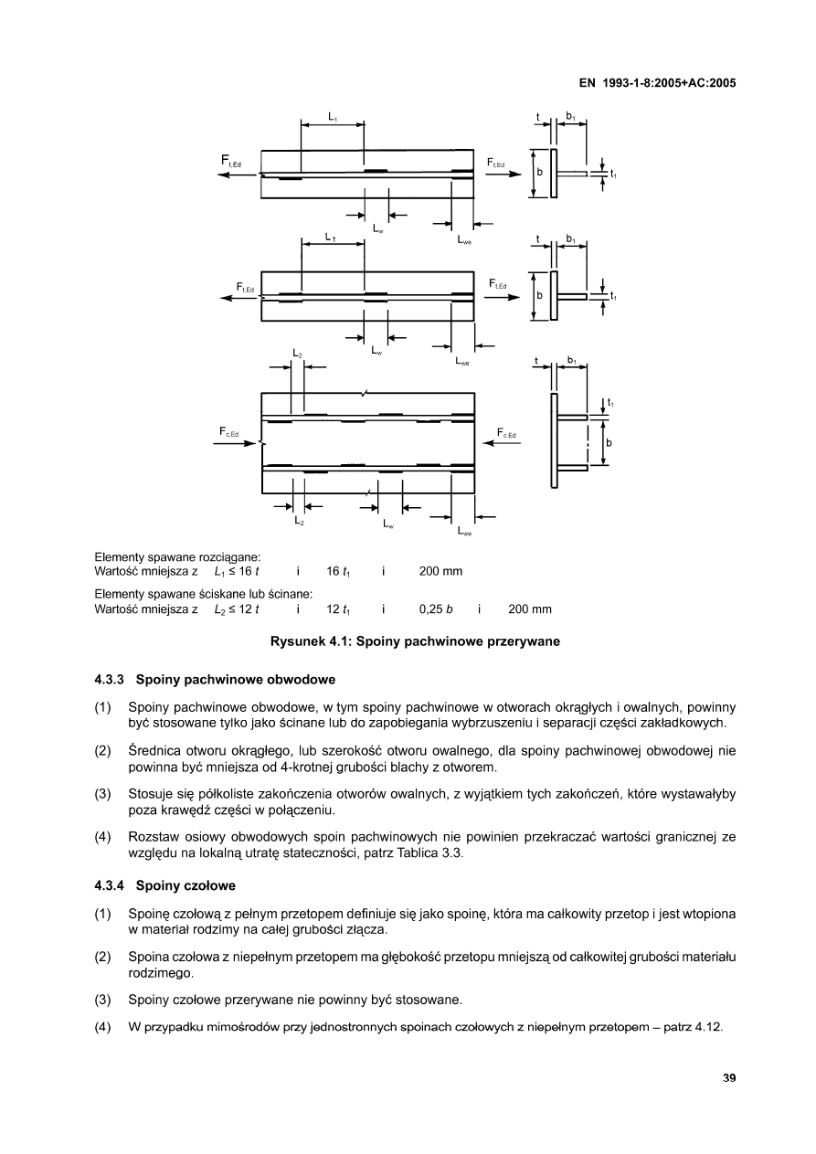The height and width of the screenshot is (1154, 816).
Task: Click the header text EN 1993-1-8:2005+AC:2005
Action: (658, 82)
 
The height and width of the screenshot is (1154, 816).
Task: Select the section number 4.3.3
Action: (111, 680)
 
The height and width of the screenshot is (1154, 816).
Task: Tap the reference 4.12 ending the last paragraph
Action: (709, 1027)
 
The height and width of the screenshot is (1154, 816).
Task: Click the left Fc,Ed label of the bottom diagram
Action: (228, 432)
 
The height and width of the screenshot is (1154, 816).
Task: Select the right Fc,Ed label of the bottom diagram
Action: (506, 433)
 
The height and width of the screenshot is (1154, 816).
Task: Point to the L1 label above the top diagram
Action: (333, 117)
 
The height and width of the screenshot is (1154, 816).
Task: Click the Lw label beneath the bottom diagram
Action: (388, 524)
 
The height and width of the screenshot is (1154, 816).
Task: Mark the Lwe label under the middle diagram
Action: (462, 362)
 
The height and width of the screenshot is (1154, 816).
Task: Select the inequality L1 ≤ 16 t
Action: (237, 572)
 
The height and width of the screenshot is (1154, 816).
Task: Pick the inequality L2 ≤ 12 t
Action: (237, 609)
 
